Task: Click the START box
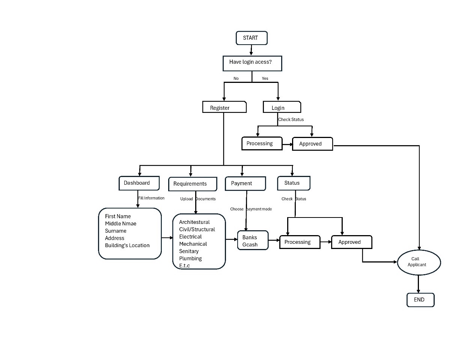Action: coord(252,38)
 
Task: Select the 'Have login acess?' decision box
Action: coord(252,63)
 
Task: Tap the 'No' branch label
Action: coord(236,78)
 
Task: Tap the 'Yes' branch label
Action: coord(265,78)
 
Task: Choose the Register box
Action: coord(224,107)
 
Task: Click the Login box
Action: coord(282,107)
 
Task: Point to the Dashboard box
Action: coord(139,183)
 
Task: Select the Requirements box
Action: coord(193,184)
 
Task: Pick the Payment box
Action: coord(245,183)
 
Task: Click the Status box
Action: coord(294,183)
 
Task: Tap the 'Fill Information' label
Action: coord(151,198)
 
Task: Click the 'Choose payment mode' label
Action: coord(251,209)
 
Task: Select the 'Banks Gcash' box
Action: coord(253,240)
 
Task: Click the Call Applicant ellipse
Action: coord(419,262)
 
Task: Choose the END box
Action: coord(420,300)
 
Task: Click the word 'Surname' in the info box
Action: coord(116,231)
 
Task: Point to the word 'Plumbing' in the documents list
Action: coord(190,258)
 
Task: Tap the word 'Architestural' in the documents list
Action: coord(194,222)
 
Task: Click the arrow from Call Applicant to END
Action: coord(419,284)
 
